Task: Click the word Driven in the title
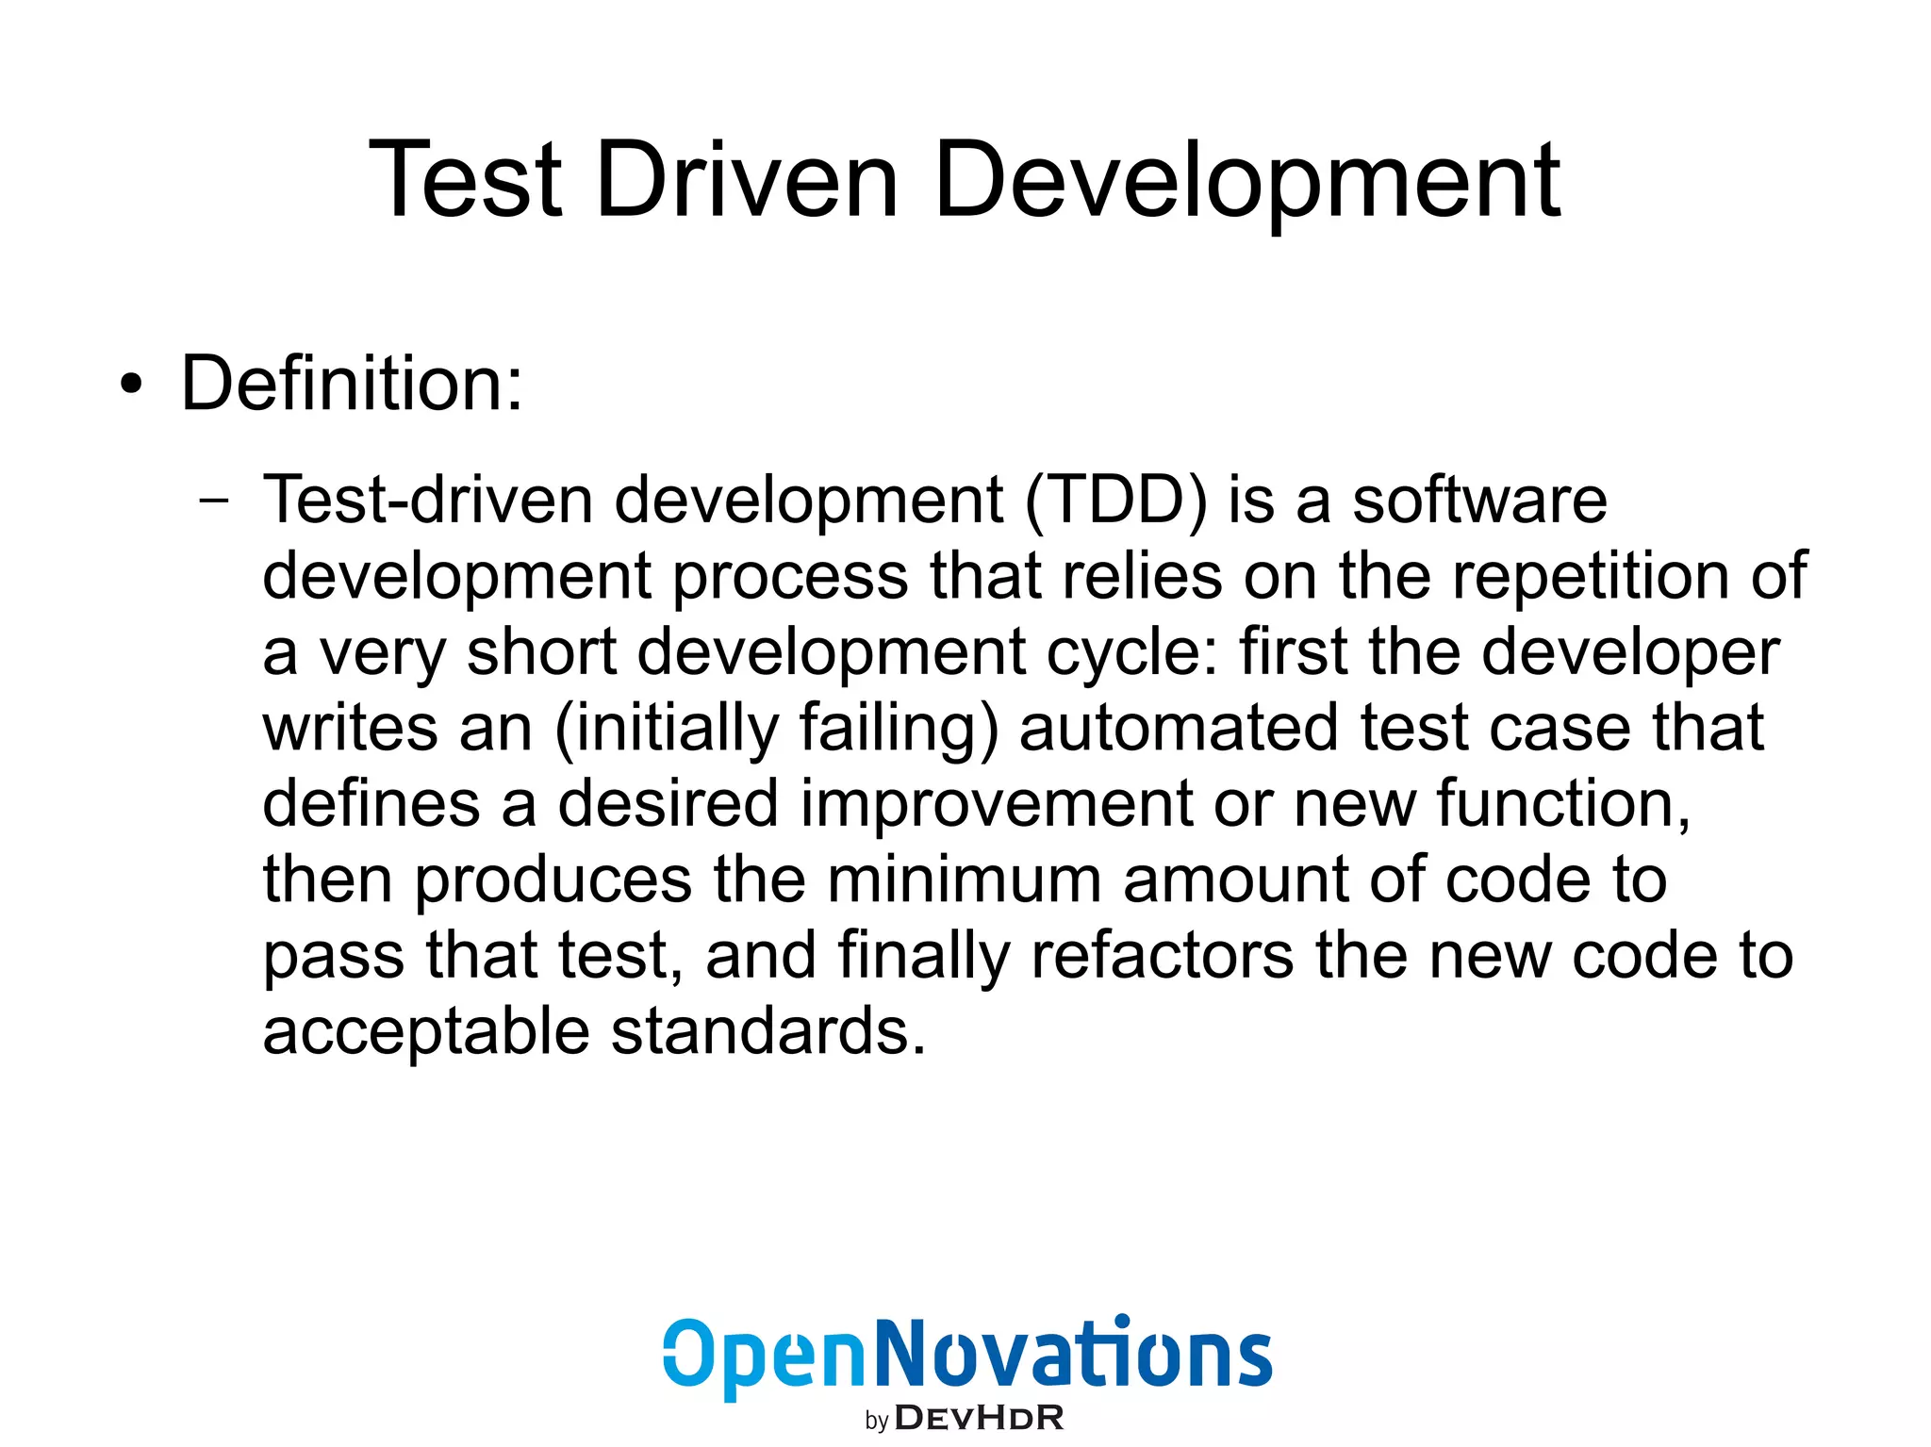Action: (x=747, y=179)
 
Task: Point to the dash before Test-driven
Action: (x=214, y=501)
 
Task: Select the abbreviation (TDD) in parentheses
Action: (x=1116, y=501)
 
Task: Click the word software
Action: (x=1480, y=501)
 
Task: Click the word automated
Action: (x=1180, y=728)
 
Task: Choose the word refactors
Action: (x=1163, y=955)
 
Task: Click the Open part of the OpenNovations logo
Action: (x=764, y=1357)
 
